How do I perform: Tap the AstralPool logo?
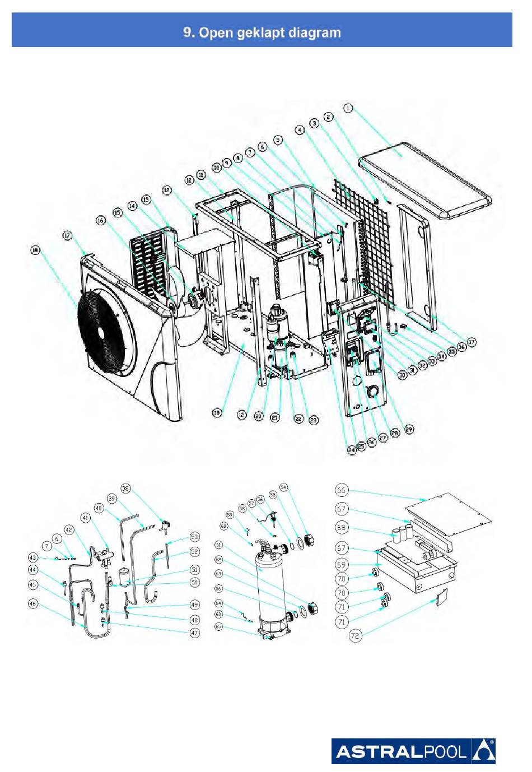tap(413, 751)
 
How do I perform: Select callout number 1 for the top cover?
tap(348, 108)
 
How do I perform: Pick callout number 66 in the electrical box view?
tap(341, 490)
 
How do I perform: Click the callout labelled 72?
tap(355, 636)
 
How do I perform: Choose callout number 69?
tap(341, 564)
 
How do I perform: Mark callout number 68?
tap(341, 527)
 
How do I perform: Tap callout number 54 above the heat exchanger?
tap(283, 488)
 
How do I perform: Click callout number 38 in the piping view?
tap(125, 489)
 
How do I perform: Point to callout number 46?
tap(33, 604)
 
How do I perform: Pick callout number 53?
tap(194, 537)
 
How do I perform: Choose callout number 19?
tap(217, 413)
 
